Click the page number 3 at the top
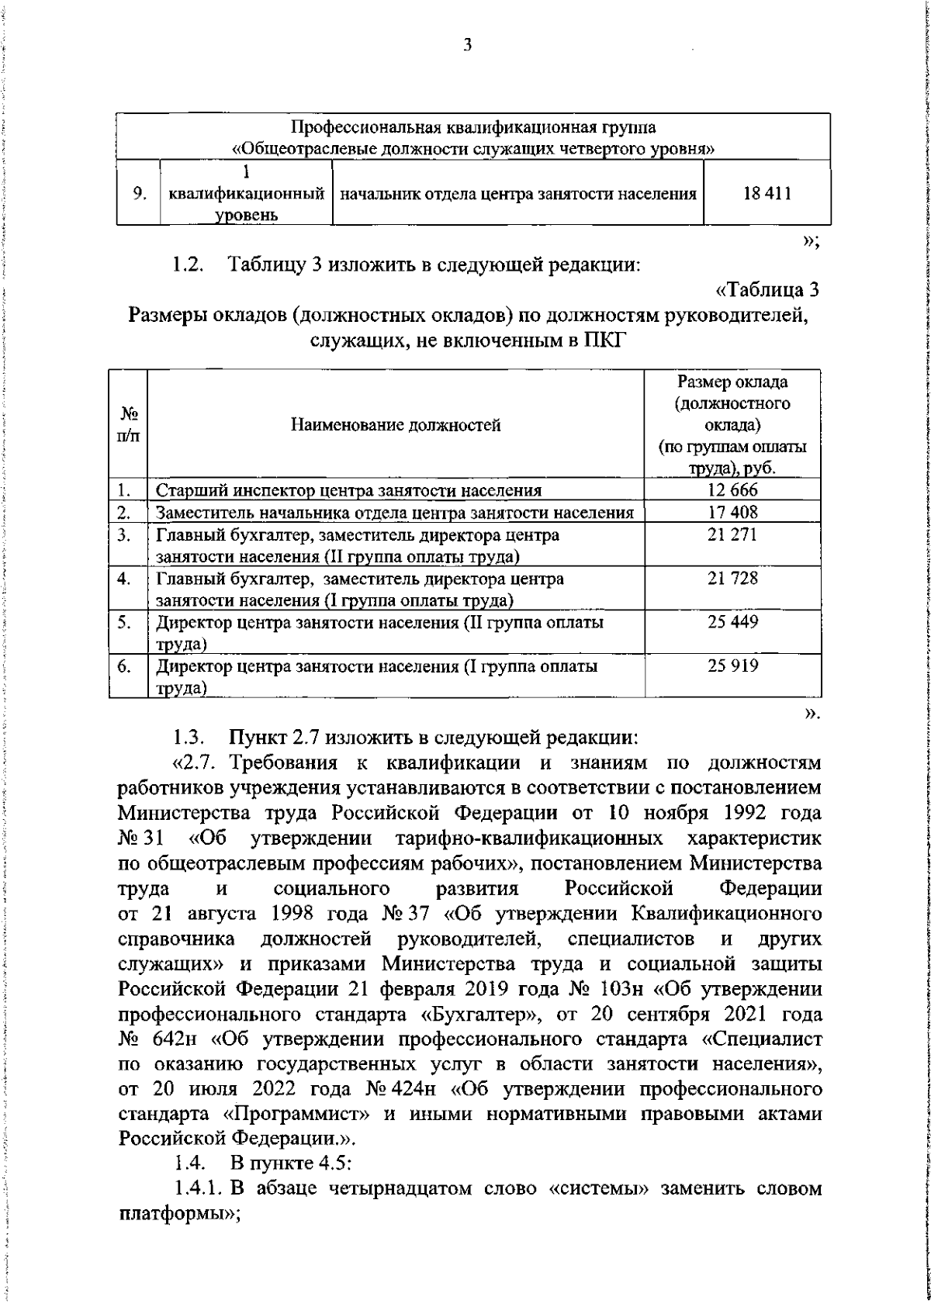click(x=467, y=45)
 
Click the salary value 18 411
click(x=767, y=194)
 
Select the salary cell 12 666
click(x=732, y=489)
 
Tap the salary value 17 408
click(x=732, y=512)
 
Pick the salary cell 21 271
click(x=732, y=534)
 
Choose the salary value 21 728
click(x=732, y=579)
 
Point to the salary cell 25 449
click(x=732, y=622)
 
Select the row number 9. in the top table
click(x=140, y=194)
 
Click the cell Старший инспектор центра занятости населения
click(x=348, y=490)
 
